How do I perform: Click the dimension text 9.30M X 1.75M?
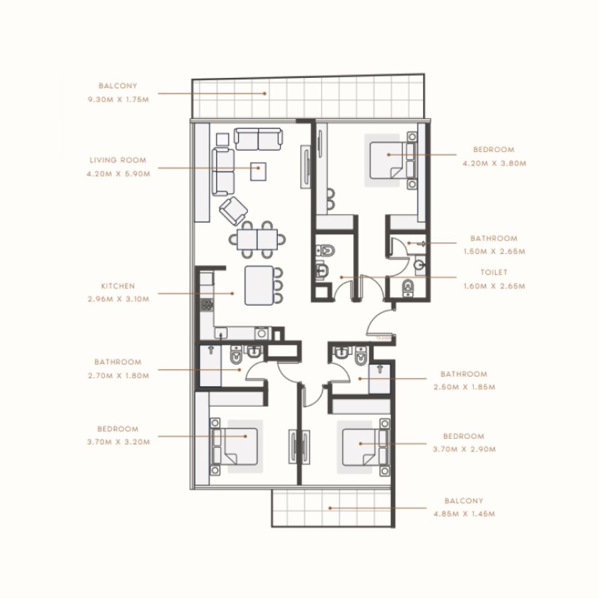118,100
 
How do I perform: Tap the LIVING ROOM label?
118,160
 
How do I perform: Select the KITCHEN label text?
118,285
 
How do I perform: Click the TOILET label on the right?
494,272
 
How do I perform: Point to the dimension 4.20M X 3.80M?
494,163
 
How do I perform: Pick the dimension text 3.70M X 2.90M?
464,450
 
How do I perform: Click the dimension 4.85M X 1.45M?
463,514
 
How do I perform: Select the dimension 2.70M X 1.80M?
118,375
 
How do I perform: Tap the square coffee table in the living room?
259,171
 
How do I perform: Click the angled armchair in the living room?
233,211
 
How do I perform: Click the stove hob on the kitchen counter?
206,304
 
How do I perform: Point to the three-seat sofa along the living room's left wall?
223,172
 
